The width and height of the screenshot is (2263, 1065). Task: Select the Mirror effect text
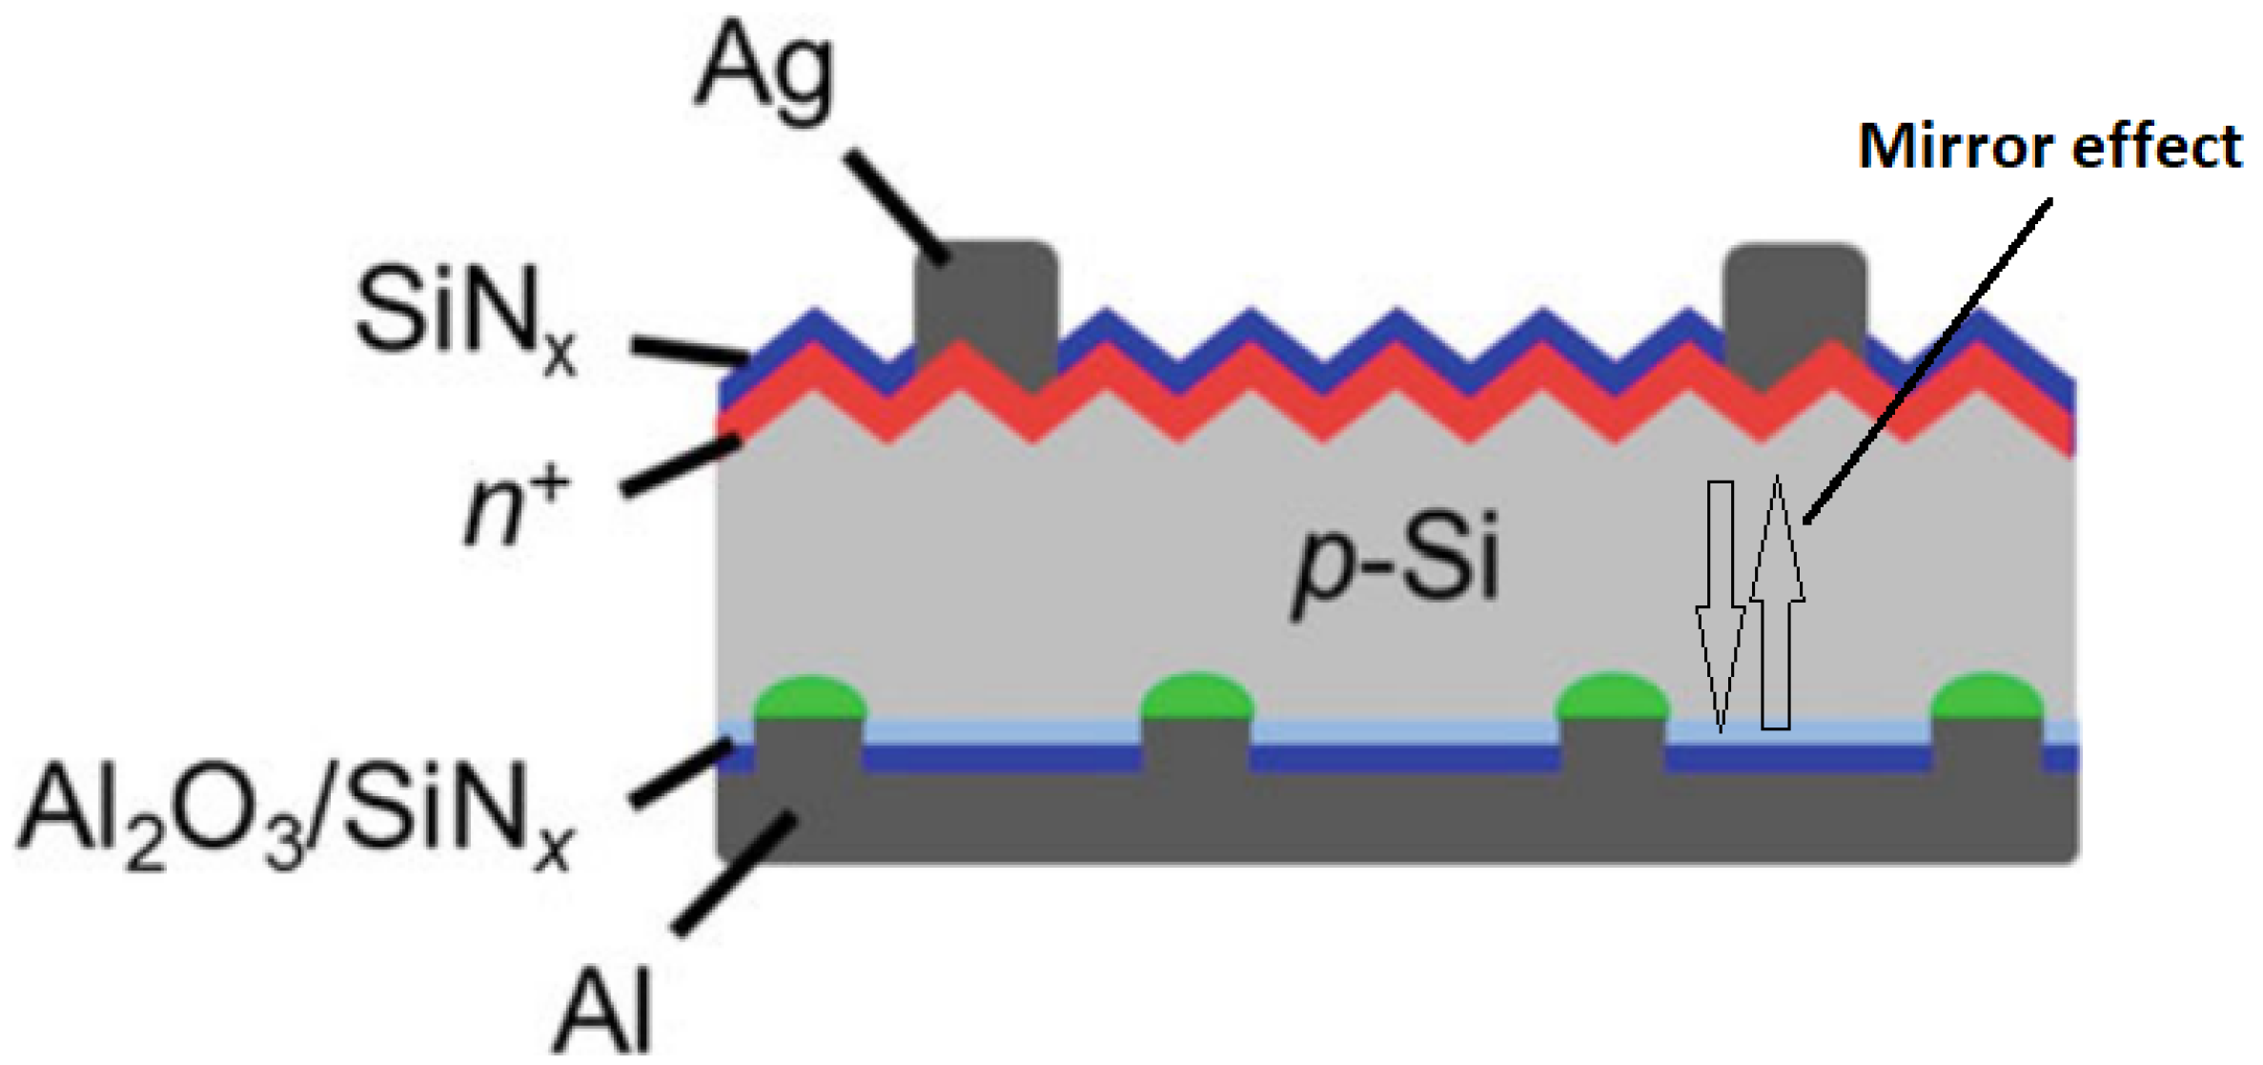click(x=2049, y=148)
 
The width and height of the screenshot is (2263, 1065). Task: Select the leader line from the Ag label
click(x=896, y=206)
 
